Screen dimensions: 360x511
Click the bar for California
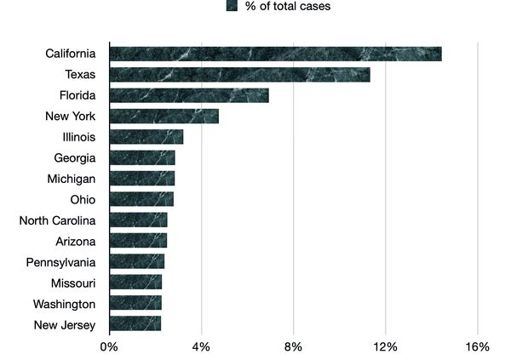tap(275, 54)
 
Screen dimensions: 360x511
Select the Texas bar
tap(239, 75)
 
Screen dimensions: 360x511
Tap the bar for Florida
tap(189, 95)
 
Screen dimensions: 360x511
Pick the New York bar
tap(164, 117)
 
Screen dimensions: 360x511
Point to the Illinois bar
tap(146, 137)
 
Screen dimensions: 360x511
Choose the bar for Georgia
tap(142, 157)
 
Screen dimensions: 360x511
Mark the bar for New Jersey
tap(135, 324)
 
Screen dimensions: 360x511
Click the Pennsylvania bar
tap(136, 261)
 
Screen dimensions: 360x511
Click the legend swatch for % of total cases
tap(232, 7)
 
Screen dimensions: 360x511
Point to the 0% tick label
tap(109, 346)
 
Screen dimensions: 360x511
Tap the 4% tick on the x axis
tap(201, 346)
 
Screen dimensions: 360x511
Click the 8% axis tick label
tap(293, 346)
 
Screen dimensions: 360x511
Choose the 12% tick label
tap(385, 346)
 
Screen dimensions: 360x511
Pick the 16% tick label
tap(478, 346)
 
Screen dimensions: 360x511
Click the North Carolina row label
tap(57, 220)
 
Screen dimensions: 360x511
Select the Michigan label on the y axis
tap(71, 179)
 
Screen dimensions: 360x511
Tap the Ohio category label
tap(83, 199)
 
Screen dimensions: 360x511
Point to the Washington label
tap(64, 304)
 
